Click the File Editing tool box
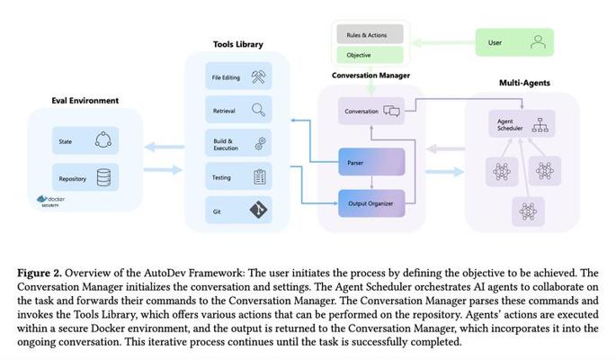(x=237, y=77)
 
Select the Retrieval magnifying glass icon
(x=258, y=110)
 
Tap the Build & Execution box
(x=237, y=143)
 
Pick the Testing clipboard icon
(x=259, y=177)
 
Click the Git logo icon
(x=259, y=210)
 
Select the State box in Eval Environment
(x=85, y=140)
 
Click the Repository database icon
(x=105, y=178)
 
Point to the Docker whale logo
(x=40, y=200)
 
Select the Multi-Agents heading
(x=524, y=83)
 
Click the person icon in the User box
(x=538, y=41)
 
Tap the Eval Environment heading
(x=85, y=100)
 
